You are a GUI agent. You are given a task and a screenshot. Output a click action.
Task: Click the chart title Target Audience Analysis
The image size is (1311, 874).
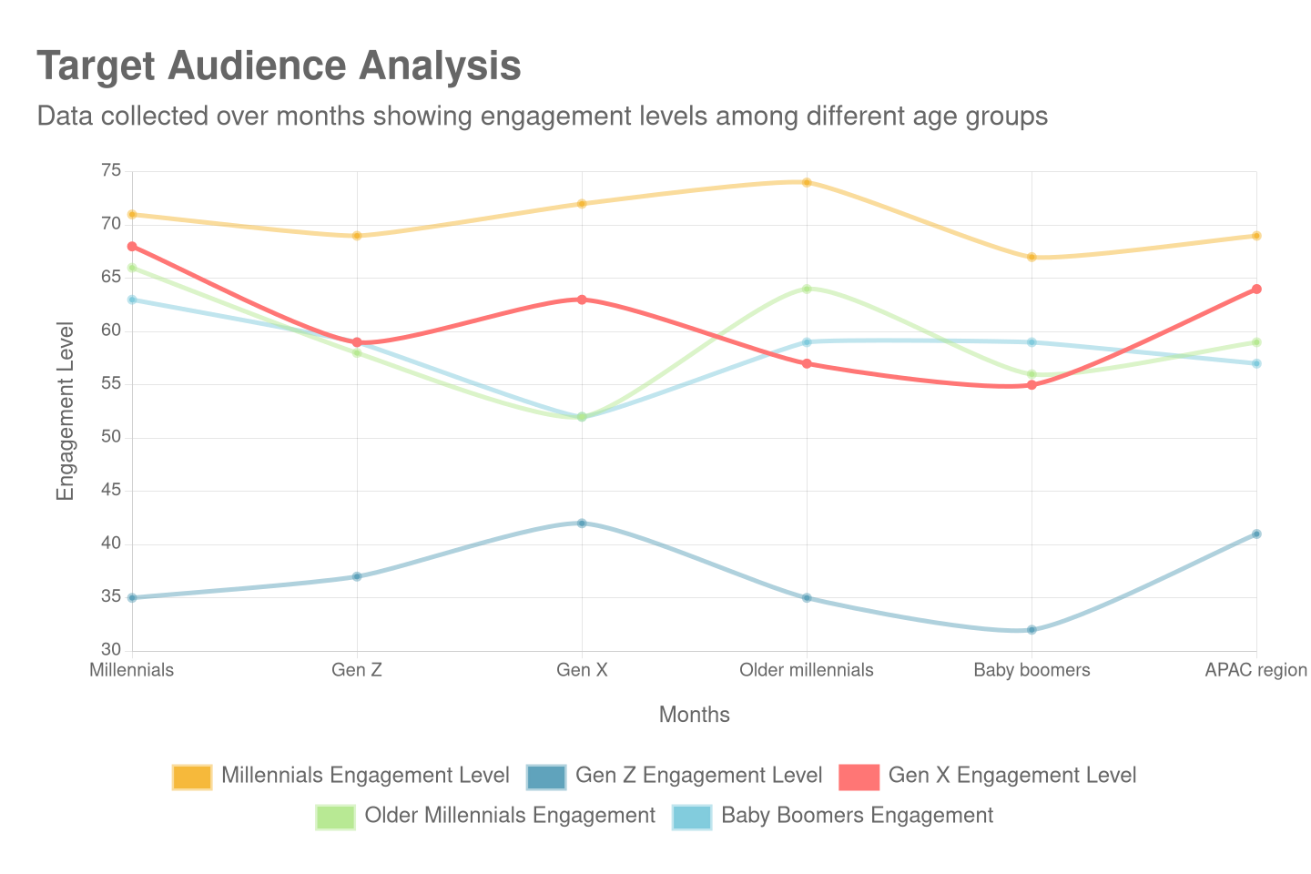click(279, 66)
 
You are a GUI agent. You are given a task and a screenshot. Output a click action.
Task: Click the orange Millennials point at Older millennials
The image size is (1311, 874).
click(807, 182)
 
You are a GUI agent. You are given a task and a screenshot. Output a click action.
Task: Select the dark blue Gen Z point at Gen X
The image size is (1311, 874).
click(582, 523)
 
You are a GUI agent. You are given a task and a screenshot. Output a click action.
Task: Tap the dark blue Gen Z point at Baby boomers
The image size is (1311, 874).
click(1032, 630)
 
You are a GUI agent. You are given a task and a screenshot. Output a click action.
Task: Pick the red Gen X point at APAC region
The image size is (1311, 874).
click(1256, 290)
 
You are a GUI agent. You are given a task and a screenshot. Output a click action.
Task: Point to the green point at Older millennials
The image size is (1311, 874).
click(807, 289)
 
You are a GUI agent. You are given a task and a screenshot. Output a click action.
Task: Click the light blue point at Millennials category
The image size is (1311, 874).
click(132, 300)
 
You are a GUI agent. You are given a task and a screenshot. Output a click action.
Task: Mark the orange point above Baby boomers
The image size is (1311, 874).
click(1032, 258)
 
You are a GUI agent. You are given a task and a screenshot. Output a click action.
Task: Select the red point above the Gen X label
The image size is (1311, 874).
click(582, 300)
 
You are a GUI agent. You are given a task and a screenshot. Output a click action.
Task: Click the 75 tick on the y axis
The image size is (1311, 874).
click(111, 170)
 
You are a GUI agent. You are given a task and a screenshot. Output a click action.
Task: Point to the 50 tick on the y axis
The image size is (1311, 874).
click(111, 436)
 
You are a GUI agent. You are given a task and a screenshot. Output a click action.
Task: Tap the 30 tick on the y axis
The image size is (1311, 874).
click(111, 649)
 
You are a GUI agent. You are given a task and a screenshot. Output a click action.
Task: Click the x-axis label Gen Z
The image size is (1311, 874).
click(357, 670)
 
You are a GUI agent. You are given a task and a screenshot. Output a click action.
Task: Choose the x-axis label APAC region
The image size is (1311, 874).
click(1255, 670)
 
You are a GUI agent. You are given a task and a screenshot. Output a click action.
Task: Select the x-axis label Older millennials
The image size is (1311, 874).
click(807, 670)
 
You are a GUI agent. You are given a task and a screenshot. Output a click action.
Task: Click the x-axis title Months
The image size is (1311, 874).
click(695, 715)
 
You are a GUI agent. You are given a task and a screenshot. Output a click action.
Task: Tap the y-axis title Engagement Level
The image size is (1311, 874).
click(65, 411)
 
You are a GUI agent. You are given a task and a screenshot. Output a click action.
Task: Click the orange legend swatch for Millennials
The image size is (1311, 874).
click(192, 777)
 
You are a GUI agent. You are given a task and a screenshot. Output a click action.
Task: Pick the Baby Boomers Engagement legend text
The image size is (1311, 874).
click(857, 815)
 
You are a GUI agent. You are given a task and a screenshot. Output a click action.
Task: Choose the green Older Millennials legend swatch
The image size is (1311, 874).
click(336, 817)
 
